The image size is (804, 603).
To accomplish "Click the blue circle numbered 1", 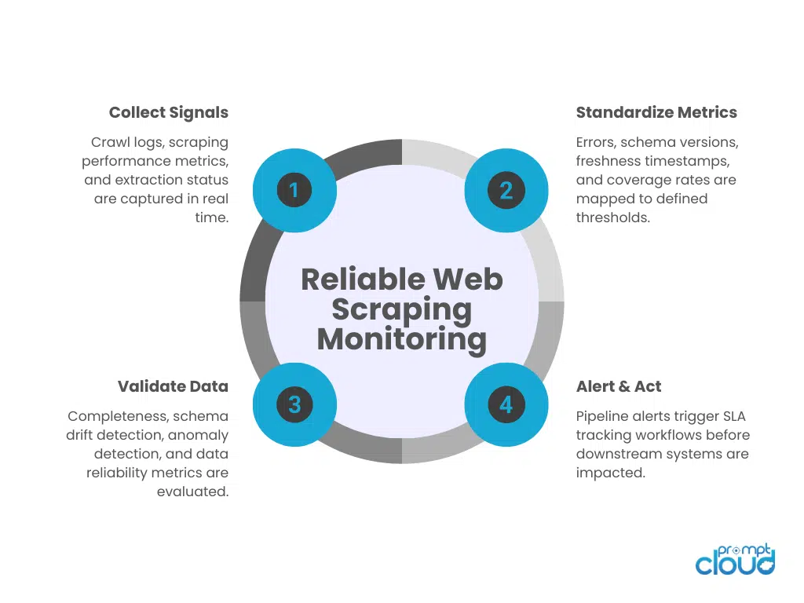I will (294, 190).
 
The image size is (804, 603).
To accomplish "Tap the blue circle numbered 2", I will (506, 190).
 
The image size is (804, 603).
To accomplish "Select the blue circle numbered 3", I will (294, 404).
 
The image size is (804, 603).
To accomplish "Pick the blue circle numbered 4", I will (506, 404).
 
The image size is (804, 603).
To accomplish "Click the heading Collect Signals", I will (169, 112).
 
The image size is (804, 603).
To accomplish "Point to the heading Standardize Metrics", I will (656, 112).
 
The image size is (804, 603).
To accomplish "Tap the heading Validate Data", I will (173, 386).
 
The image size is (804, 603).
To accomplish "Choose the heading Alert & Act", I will (619, 386).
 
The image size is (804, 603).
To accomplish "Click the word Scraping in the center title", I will (402, 309).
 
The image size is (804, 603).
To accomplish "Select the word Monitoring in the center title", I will (402, 339).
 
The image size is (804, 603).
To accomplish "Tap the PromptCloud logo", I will (735, 559).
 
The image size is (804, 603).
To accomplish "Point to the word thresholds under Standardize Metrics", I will (613, 217).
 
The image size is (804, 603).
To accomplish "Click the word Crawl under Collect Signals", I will (109, 143).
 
